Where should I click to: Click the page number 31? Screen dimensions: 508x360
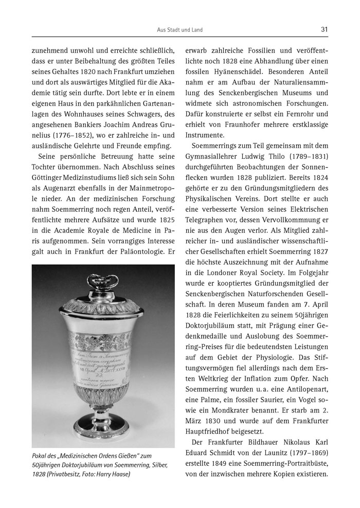tap(324, 29)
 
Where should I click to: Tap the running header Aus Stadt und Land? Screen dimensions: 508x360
tap(179, 30)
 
